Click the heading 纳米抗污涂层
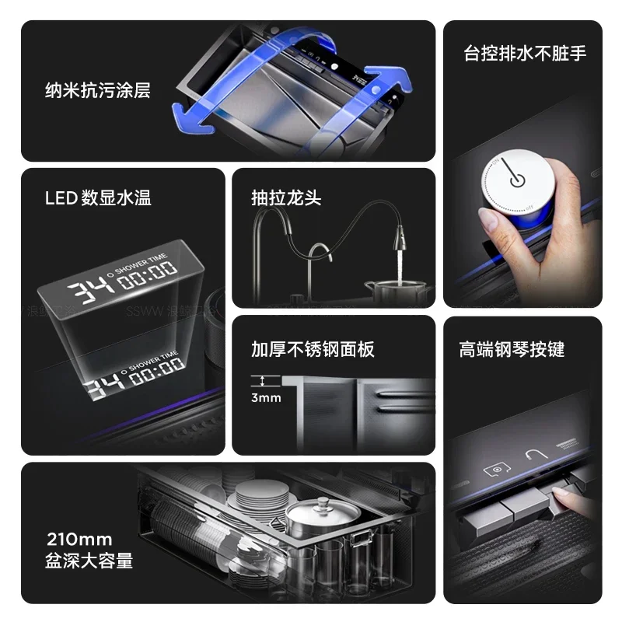(97, 91)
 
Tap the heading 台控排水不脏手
(524, 53)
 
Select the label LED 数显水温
(98, 197)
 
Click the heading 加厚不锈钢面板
(313, 349)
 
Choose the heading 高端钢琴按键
(512, 349)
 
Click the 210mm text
(79, 539)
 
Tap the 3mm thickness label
(266, 398)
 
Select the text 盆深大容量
(89, 561)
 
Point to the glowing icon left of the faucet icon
(496, 470)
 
